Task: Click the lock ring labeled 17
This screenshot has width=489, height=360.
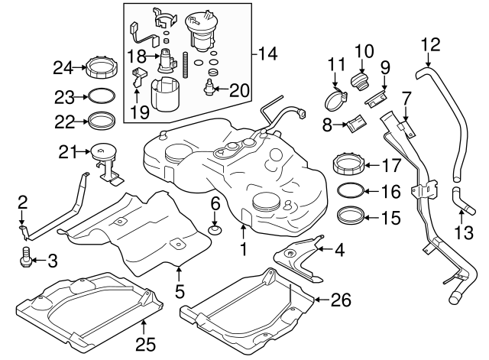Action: tap(348, 163)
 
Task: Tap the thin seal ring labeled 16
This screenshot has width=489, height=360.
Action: tap(348, 191)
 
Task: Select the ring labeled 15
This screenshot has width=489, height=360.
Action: tap(348, 216)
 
